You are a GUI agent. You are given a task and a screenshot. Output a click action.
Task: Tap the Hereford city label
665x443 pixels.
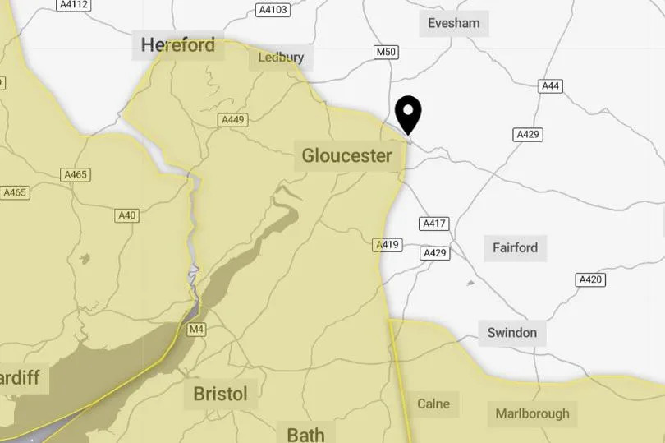click(x=177, y=44)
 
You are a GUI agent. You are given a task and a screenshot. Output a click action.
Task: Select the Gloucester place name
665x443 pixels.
click(x=346, y=155)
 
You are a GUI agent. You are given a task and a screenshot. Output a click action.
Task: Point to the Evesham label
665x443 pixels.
click(x=454, y=23)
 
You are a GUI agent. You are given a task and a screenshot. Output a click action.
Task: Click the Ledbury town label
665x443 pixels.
click(x=281, y=58)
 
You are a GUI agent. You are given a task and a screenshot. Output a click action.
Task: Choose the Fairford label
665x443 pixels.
click(x=515, y=247)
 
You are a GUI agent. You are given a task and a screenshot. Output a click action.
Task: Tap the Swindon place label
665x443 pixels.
click(x=511, y=333)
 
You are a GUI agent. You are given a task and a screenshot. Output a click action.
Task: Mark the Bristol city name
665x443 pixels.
click(x=220, y=394)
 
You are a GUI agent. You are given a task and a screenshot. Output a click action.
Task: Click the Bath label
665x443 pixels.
click(x=305, y=433)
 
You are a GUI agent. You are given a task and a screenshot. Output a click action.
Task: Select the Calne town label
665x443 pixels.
click(x=433, y=404)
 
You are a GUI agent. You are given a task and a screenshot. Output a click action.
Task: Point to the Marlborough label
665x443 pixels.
click(x=532, y=413)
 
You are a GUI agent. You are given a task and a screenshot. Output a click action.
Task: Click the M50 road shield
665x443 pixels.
click(x=386, y=53)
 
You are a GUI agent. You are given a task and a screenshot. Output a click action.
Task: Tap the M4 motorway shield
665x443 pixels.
click(x=196, y=330)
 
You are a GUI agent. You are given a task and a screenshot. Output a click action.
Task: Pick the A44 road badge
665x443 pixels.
click(x=550, y=85)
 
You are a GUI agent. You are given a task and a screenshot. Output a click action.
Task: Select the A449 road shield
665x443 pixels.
click(x=233, y=120)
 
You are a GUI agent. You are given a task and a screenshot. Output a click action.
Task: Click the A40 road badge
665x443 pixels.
click(x=127, y=215)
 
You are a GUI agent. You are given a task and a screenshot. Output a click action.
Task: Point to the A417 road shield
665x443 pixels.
click(x=433, y=224)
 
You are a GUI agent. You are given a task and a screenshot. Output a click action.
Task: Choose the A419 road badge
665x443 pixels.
click(x=388, y=244)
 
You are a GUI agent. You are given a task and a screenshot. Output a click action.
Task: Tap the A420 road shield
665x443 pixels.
click(x=590, y=280)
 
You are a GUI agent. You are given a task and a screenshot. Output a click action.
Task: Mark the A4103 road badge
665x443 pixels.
click(x=273, y=10)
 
